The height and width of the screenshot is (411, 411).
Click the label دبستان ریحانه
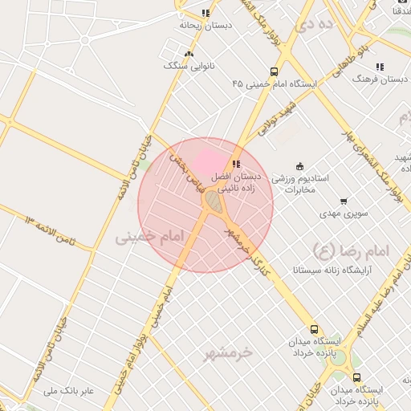click(x=205, y=26)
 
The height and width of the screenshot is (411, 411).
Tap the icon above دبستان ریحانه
click(x=205, y=13)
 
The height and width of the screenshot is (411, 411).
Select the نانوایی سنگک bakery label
click(x=188, y=66)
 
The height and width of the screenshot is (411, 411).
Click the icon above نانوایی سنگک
click(x=189, y=54)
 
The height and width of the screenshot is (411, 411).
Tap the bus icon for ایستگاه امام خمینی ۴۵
click(x=275, y=71)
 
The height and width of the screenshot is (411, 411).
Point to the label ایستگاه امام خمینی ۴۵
click(x=274, y=83)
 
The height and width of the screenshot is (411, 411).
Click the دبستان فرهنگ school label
click(x=379, y=80)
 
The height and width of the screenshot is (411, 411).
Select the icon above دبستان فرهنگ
click(x=379, y=67)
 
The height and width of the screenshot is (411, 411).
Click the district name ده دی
click(x=315, y=25)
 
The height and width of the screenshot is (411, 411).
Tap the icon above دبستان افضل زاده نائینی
click(x=235, y=164)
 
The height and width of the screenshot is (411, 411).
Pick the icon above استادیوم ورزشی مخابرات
click(x=300, y=167)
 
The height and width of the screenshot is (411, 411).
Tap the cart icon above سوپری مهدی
click(x=344, y=201)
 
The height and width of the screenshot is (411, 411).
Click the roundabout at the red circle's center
click(x=213, y=201)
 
